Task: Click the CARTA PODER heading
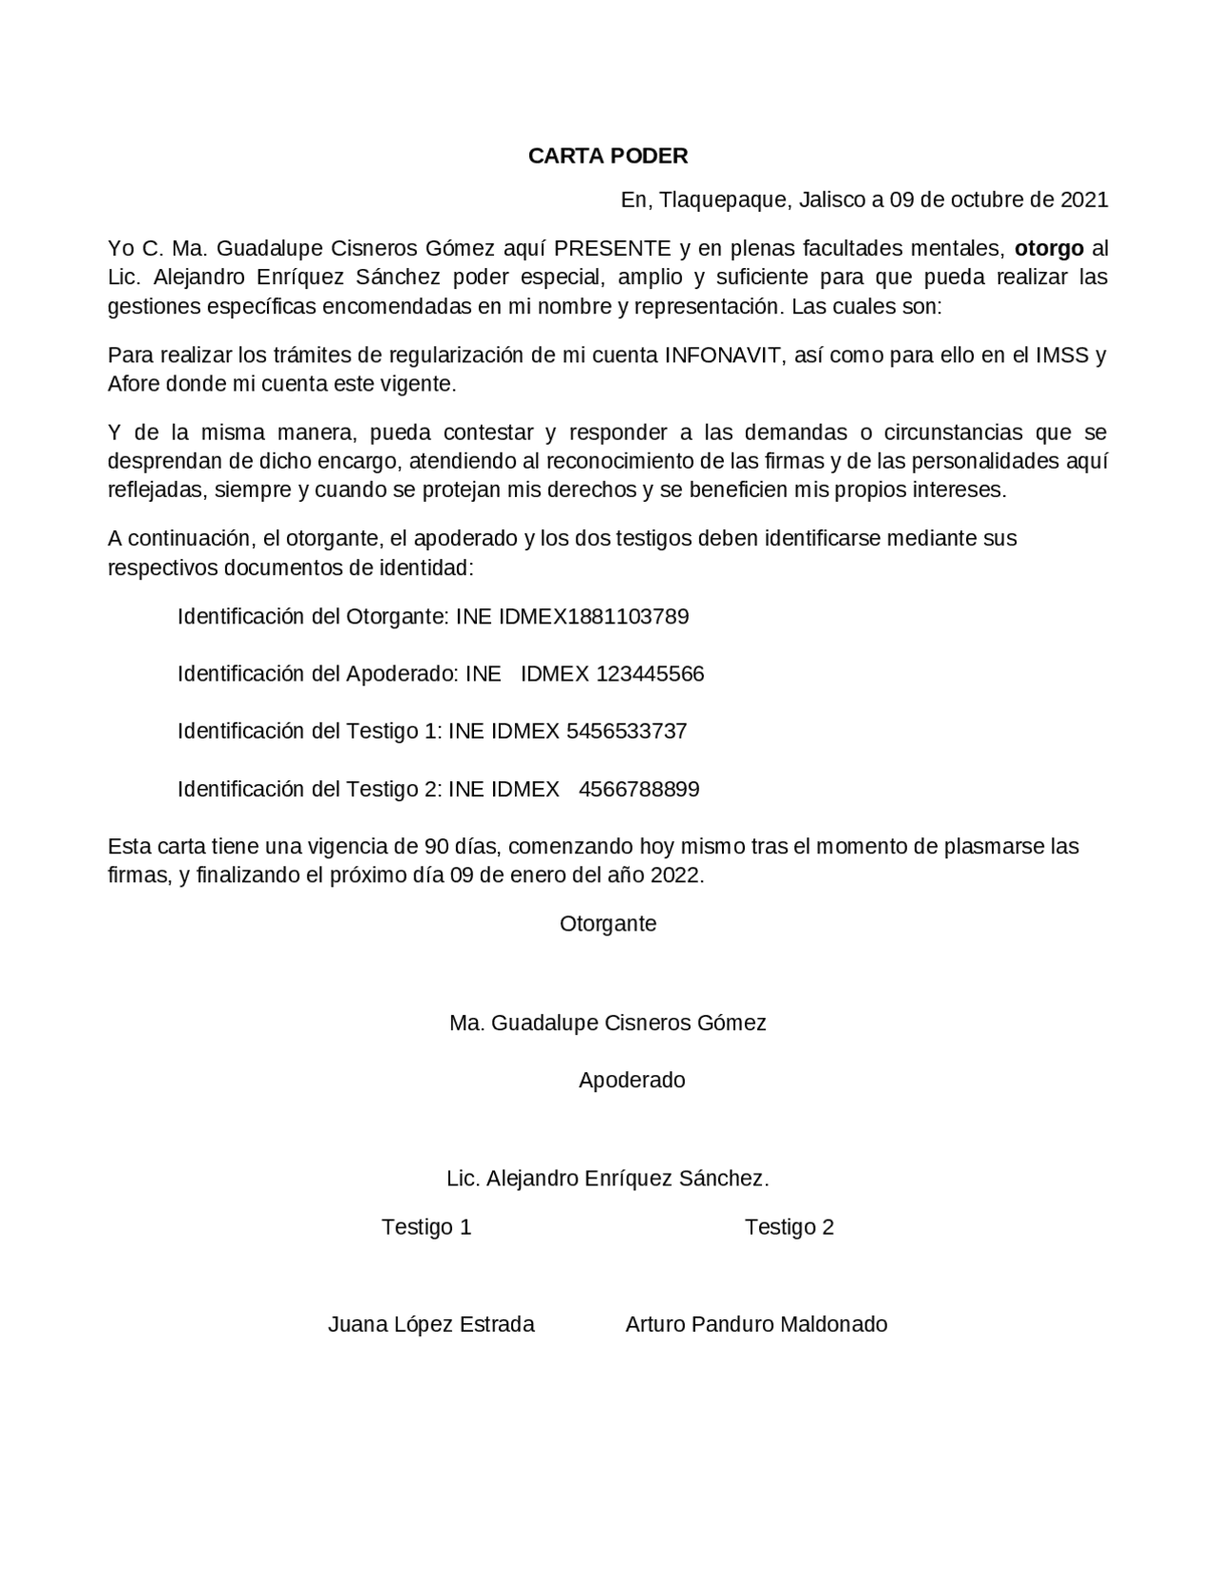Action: (608, 156)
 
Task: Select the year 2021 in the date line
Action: (1084, 201)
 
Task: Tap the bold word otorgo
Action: (1049, 249)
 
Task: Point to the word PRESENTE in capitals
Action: (613, 249)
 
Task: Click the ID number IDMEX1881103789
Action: (594, 617)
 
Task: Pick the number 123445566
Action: (650, 675)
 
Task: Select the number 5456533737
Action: (626, 732)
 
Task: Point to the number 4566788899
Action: (638, 790)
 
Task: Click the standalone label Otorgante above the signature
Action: (608, 925)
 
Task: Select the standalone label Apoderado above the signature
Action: (632, 1081)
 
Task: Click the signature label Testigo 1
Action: (427, 1228)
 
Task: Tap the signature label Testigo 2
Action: (789, 1228)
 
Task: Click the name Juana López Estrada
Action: (431, 1325)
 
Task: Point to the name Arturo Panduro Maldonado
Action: (756, 1325)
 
